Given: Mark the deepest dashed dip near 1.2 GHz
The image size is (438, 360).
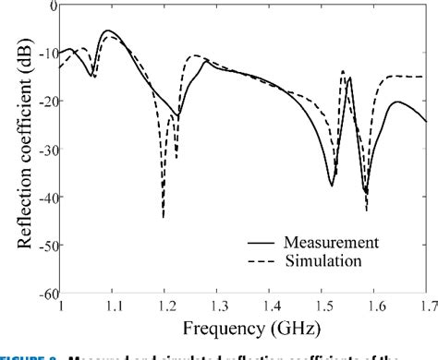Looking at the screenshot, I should (x=164, y=217).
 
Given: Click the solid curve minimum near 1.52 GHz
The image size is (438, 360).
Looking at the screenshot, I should (x=332, y=186).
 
